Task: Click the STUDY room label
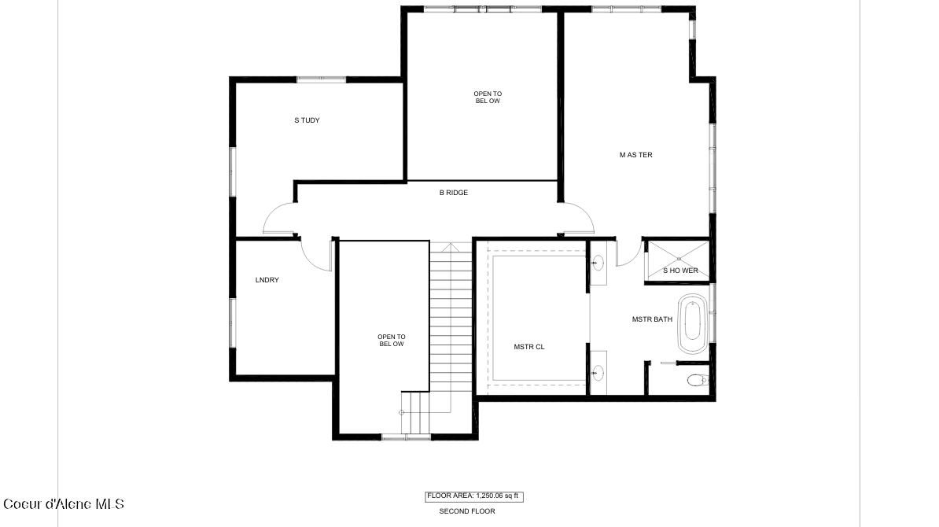click(x=307, y=120)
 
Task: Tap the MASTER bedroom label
click(x=635, y=155)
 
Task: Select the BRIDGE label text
click(x=454, y=192)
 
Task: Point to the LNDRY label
click(x=267, y=280)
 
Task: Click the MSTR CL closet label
click(x=528, y=346)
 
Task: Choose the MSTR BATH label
click(x=652, y=319)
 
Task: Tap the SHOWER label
click(x=680, y=271)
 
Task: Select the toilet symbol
click(x=696, y=381)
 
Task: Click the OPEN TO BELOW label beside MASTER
click(x=488, y=98)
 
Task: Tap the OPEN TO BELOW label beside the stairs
click(x=392, y=340)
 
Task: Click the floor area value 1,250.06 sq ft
click(x=474, y=496)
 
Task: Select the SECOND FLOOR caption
click(x=467, y=511)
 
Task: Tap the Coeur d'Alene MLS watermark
click(x=64, y=504)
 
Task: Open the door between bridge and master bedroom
click(x=576, y=218)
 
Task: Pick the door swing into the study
click(x=278, y=219)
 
